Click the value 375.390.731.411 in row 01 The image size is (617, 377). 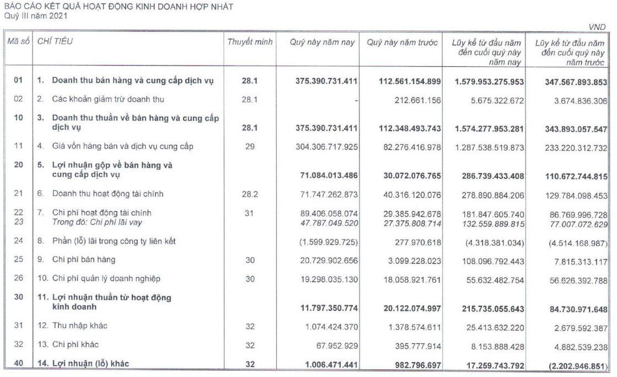325,82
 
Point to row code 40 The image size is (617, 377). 18,364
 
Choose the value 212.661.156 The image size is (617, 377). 414,100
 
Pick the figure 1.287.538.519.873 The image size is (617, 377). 483,146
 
